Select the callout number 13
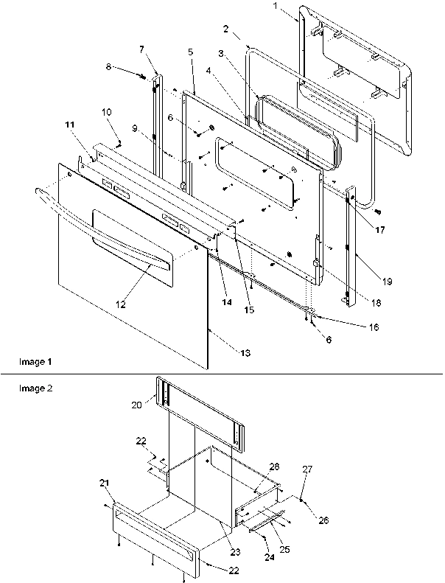[x=245, y=354]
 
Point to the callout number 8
[x=110, y=66]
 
